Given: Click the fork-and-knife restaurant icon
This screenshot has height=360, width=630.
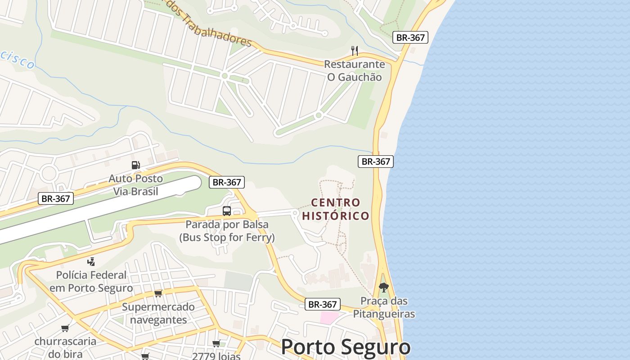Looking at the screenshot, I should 355,50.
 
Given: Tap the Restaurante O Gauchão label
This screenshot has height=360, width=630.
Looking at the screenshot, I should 355,71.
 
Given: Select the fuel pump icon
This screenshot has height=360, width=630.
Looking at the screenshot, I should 135,165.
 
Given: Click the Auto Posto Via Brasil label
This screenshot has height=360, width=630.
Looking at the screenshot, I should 135,185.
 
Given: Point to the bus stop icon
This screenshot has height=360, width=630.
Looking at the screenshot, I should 227,211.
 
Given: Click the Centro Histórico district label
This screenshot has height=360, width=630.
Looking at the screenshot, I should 336,209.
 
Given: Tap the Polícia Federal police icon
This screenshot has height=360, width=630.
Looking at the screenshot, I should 91,261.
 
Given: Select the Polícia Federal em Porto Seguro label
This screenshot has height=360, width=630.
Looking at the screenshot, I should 91,281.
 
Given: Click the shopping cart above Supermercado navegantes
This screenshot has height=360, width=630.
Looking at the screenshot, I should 158,293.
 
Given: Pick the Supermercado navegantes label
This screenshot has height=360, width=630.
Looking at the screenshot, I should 158,313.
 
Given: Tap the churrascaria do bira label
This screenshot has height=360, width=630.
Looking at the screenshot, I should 65,347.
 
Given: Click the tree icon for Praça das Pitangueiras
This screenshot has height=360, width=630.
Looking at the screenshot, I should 383,287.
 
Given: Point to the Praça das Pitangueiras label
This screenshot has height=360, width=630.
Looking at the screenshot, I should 383,307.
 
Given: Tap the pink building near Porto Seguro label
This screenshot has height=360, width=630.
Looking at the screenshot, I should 329,317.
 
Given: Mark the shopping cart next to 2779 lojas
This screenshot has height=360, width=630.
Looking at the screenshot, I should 216,344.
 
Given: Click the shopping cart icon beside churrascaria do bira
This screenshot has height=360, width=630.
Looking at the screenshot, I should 65,328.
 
